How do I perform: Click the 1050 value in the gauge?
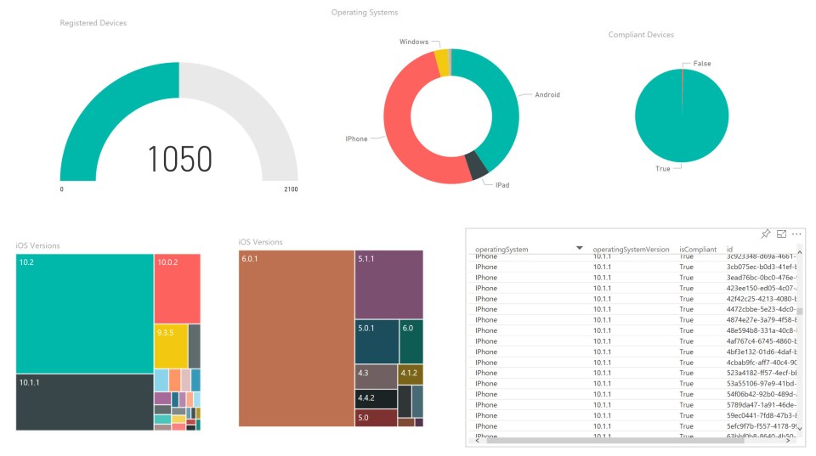[179, 159]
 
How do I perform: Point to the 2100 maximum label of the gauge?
[291, 189]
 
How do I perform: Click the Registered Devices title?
[93, 23]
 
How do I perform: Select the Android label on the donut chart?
[547, 95]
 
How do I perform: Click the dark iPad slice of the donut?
[478, 165]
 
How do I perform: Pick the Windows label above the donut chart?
[414, 42]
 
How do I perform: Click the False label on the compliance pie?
[702, 64]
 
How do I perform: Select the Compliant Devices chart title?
[641, 35]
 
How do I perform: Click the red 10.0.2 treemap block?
[177, 288]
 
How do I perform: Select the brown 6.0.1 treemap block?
[296, 338]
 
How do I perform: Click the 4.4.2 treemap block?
[376, 398]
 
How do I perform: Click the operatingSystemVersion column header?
[631, 249]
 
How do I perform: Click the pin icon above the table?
[765, 234]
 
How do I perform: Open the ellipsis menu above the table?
[796, 234]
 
